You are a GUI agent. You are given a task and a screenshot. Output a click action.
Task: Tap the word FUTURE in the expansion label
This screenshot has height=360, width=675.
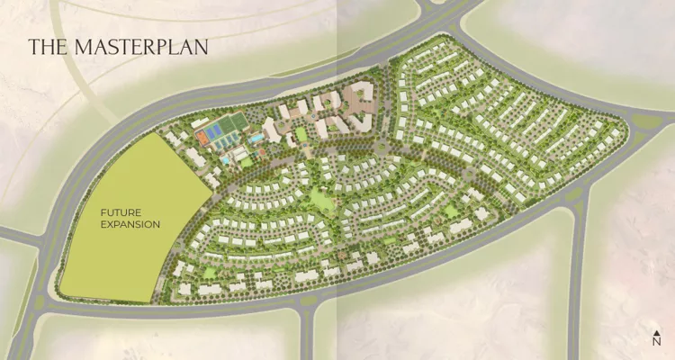coord(121,211)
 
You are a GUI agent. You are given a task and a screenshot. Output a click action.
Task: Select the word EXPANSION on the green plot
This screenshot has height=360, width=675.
coord(130,224)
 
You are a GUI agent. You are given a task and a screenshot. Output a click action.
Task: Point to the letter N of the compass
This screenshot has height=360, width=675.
coord(657,341)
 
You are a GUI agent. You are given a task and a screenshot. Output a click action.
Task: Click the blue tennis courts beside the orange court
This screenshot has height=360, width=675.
coord(216,135)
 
